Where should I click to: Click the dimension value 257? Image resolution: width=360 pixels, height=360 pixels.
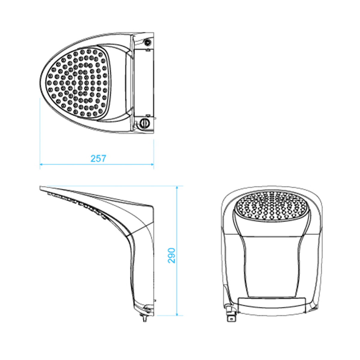point(98,158)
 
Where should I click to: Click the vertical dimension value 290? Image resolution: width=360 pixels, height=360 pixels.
point(171,255)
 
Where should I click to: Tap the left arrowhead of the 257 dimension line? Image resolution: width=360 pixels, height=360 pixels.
point(41,164)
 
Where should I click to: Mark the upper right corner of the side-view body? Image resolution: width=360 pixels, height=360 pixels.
point(153,206)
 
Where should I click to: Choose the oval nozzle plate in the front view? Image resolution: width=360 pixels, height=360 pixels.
point(271,206)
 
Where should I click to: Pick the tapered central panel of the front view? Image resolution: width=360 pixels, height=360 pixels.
point(271,264)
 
